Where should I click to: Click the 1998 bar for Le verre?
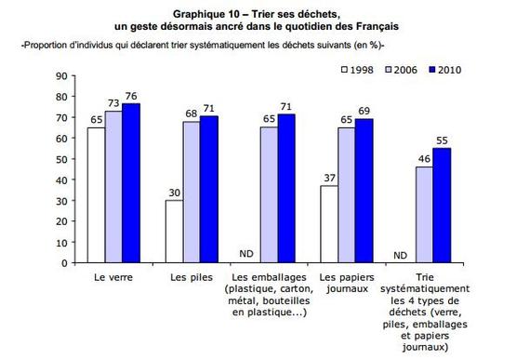point(96,194)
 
